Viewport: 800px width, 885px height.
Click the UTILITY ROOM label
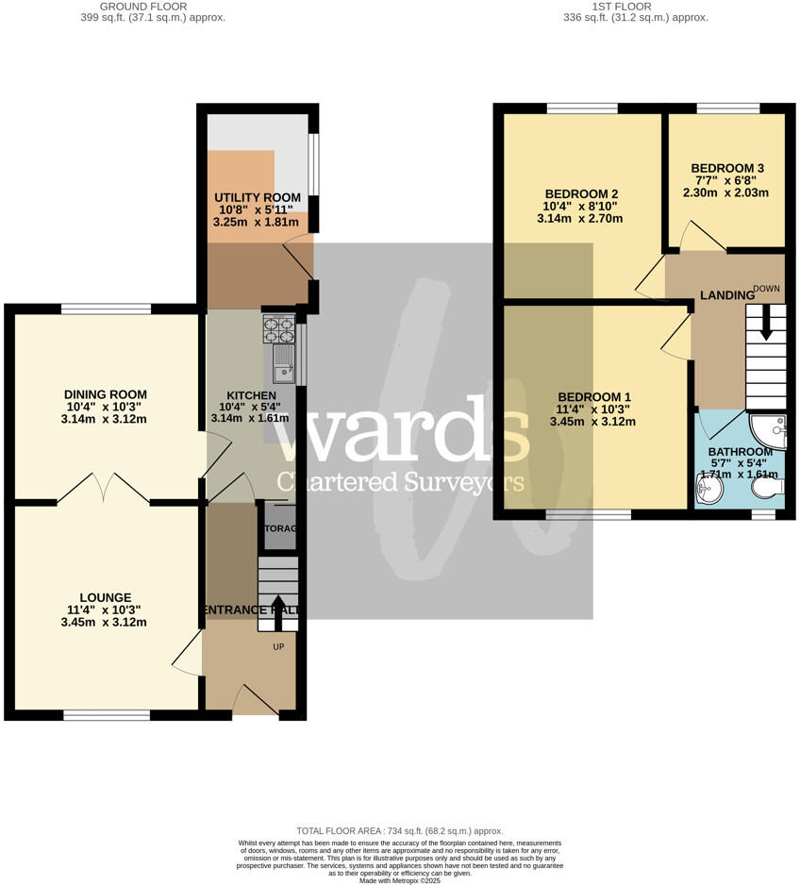(x=257, y=197)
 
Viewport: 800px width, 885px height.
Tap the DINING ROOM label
(x=105, y=394)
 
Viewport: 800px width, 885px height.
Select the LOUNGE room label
(x=105, y=597)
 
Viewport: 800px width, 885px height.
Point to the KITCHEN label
(x=250, y=395)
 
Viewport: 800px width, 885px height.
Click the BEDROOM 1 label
(x=593, y=396)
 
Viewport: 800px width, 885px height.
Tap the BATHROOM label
(x=740, y=452)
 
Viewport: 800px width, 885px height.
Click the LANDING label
(x=726, y=295)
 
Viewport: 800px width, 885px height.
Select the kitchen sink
(x=284, y=363)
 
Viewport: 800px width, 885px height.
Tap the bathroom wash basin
(x=707, y=489)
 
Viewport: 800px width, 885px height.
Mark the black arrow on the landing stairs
(x=765, y=325)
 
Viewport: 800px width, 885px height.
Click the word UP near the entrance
(x=278, y=647)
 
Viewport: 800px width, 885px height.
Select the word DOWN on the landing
(x=766, y=288)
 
